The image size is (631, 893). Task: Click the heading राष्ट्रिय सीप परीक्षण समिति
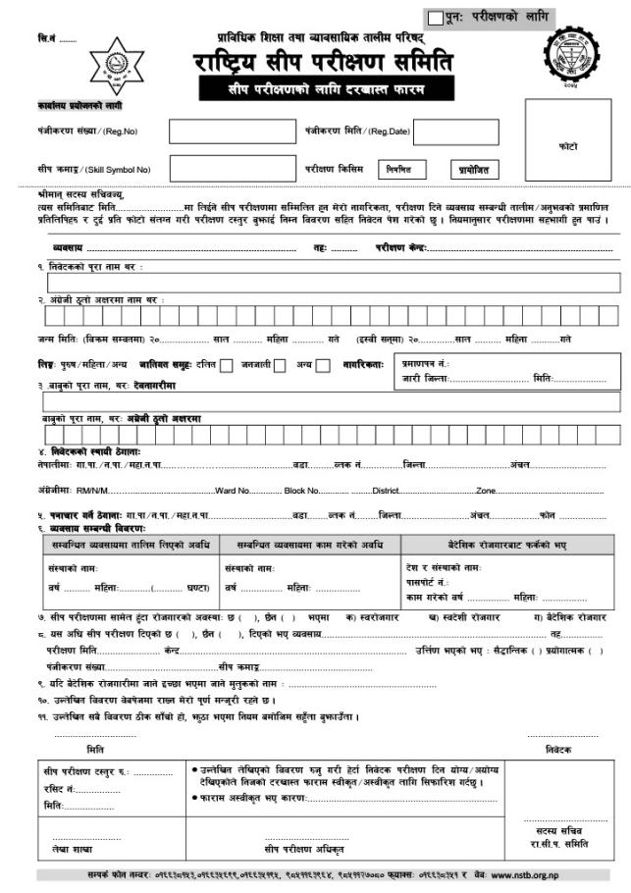pos(323,63)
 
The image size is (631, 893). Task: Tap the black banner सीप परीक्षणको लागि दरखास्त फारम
pos(323,89)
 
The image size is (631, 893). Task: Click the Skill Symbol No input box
pos(225,169)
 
